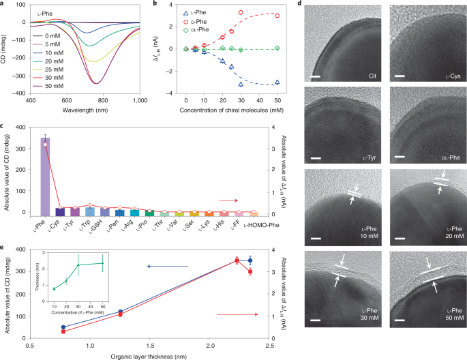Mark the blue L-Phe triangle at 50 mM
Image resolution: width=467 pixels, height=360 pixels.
point(276,82)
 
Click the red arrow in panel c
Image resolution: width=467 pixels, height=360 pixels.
point(228,200)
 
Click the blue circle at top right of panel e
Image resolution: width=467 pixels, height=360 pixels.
point(250,260)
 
